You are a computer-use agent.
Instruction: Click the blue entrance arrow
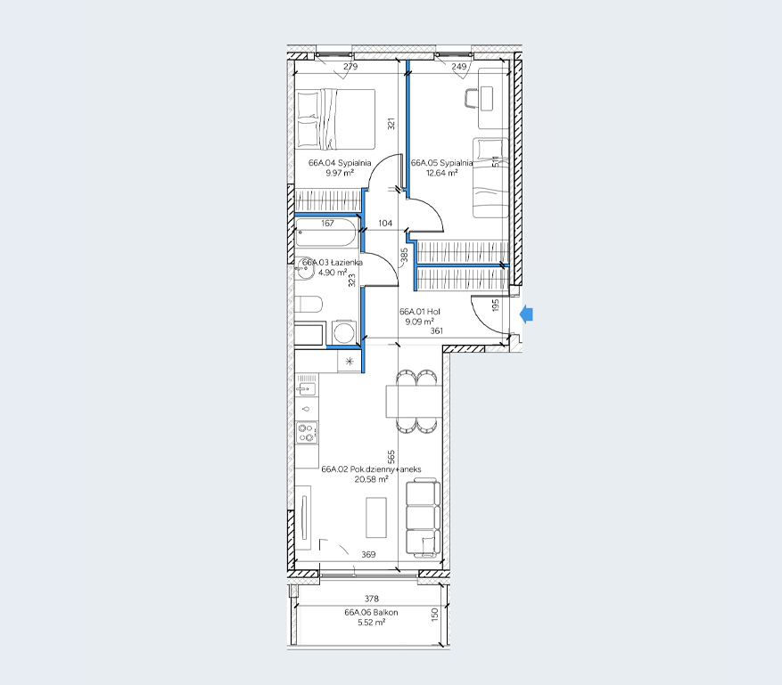527,314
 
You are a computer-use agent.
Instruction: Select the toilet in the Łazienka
309,305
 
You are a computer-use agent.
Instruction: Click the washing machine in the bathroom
342,332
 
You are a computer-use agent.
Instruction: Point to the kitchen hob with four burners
306,432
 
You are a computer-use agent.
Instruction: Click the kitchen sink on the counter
306,387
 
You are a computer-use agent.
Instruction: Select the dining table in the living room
414,401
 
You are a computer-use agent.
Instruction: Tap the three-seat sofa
423,518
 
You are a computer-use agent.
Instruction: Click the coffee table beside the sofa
376,518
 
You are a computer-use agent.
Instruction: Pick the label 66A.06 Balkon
371,612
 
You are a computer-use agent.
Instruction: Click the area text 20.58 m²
371,479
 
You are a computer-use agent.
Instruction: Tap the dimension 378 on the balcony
372,599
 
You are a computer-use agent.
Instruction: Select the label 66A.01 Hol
420,312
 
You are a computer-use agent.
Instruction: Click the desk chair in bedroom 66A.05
470,98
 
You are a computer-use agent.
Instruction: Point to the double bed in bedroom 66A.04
334,119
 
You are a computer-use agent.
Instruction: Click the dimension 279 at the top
350,66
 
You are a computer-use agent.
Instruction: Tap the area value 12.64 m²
442,173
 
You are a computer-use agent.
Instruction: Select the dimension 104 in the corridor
385,224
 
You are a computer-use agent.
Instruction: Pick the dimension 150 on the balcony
434,615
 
